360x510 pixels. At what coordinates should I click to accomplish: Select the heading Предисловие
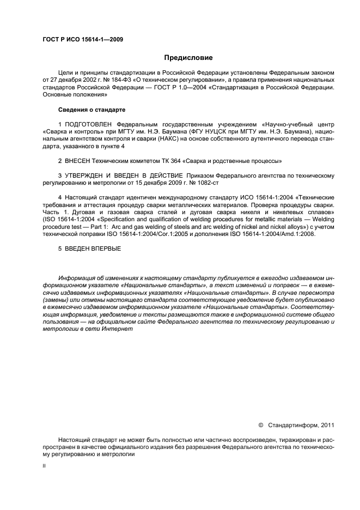[x=188, y=58]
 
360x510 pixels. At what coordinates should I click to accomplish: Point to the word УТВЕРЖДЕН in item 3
[x=84, y=175]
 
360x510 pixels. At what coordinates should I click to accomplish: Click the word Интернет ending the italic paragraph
[x=111, y=329]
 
